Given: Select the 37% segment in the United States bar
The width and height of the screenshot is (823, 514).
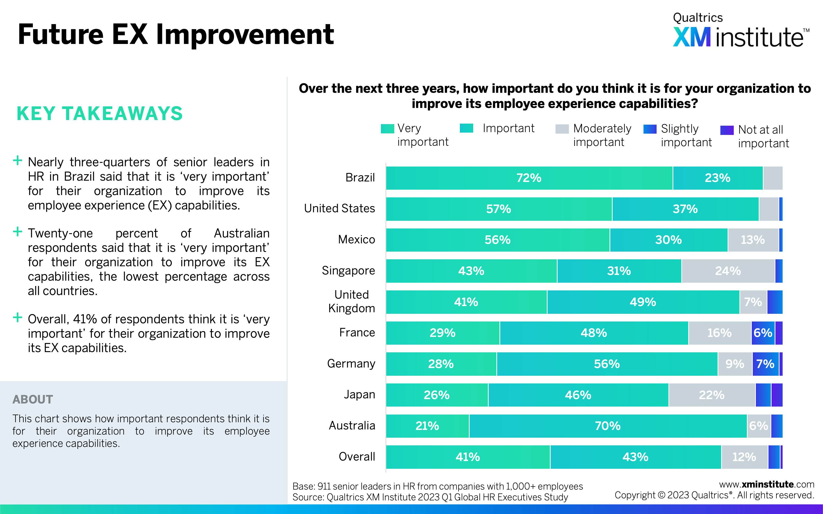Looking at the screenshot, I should [x=685, y=209].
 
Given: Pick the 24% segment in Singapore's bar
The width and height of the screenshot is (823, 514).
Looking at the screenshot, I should [x=728, y=271].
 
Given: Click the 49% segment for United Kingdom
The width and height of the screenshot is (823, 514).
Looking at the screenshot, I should [x=643, y=302].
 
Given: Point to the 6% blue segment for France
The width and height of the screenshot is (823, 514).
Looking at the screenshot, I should [x=763, y=333].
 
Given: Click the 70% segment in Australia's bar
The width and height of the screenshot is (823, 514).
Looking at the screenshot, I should [x=608, y=426].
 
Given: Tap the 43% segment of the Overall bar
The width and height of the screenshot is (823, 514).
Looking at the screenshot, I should [x=635, y=457].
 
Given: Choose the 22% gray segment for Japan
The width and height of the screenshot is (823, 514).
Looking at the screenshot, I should [x=711, y=395].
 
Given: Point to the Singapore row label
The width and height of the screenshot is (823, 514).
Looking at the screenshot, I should [x=348, y=271].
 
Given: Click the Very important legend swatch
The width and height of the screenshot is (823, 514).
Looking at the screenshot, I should [x=387, y=129].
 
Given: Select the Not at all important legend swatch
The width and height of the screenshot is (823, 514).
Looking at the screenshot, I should [x=727, y=130].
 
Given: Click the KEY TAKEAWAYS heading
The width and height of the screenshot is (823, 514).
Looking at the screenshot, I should [x=100, y=114].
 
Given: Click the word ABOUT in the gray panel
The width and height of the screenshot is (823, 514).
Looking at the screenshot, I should [x=33, y=399].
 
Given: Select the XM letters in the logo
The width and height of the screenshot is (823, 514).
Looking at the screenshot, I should [x=692, y=38].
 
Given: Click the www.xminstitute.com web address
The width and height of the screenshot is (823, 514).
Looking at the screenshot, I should [x=766, y=484].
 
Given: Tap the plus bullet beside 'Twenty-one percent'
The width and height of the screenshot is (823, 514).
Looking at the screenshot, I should [x=17, y=232].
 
